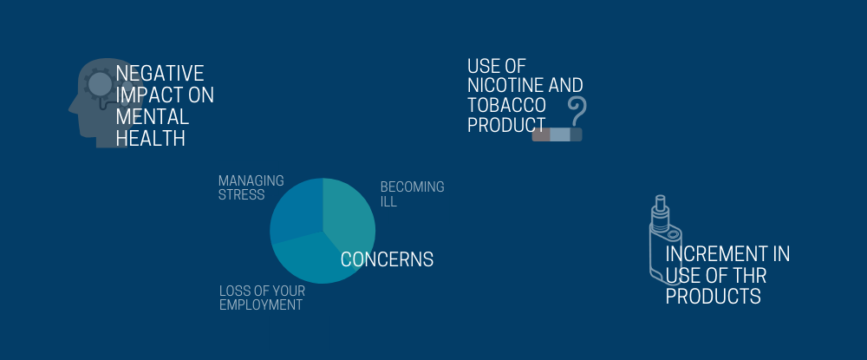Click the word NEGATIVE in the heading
pos(160,73)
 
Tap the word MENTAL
pos(152,117)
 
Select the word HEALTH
pos(150,138)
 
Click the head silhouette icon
pos(102,103)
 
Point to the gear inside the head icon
pos(100,83)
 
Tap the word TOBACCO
pos(506,105)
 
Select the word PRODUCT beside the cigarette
pos(506,124)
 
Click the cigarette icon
pos(557,134)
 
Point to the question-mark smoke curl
pos(577,111)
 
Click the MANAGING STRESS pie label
pos(251,187)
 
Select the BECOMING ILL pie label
pos(412,194)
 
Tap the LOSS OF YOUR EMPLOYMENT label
pos(262,298)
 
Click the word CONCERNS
pos(387,259)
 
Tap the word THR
pos(749,275)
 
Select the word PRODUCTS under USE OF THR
pos(714,297)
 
